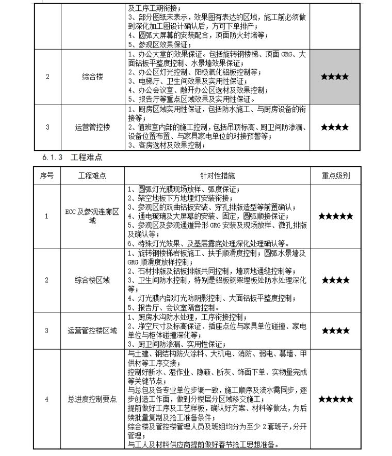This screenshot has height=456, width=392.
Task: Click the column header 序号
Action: point(47,176)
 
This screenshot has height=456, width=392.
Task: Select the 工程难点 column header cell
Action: point(92,176)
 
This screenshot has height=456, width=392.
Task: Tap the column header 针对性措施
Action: point(217,176)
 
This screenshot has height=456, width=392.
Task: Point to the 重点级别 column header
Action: point(335,176)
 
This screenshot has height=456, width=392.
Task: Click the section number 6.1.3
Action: point(53,156)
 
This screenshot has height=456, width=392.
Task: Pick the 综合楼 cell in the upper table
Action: point(92,77)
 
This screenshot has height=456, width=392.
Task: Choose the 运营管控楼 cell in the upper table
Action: point(92,127)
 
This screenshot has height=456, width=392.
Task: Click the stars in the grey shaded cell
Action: point(335,77)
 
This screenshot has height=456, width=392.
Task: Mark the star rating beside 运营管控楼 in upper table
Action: point(335,127)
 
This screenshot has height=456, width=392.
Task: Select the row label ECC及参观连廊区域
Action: point(92,216)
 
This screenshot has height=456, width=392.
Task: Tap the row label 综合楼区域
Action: point(92,280)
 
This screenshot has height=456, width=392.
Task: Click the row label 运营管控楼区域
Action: point(92,330)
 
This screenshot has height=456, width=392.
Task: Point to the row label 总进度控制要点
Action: point(92,399)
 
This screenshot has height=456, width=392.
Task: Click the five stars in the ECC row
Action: point(335,216)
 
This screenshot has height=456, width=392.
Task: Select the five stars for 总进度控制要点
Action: point(335,399)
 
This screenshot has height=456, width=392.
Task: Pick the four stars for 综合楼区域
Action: point(335,280)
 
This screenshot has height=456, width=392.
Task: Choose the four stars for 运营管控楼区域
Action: point(335,330)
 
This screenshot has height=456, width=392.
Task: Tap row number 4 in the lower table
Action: point(47,399)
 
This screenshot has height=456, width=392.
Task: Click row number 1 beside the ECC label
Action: point(47,216)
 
